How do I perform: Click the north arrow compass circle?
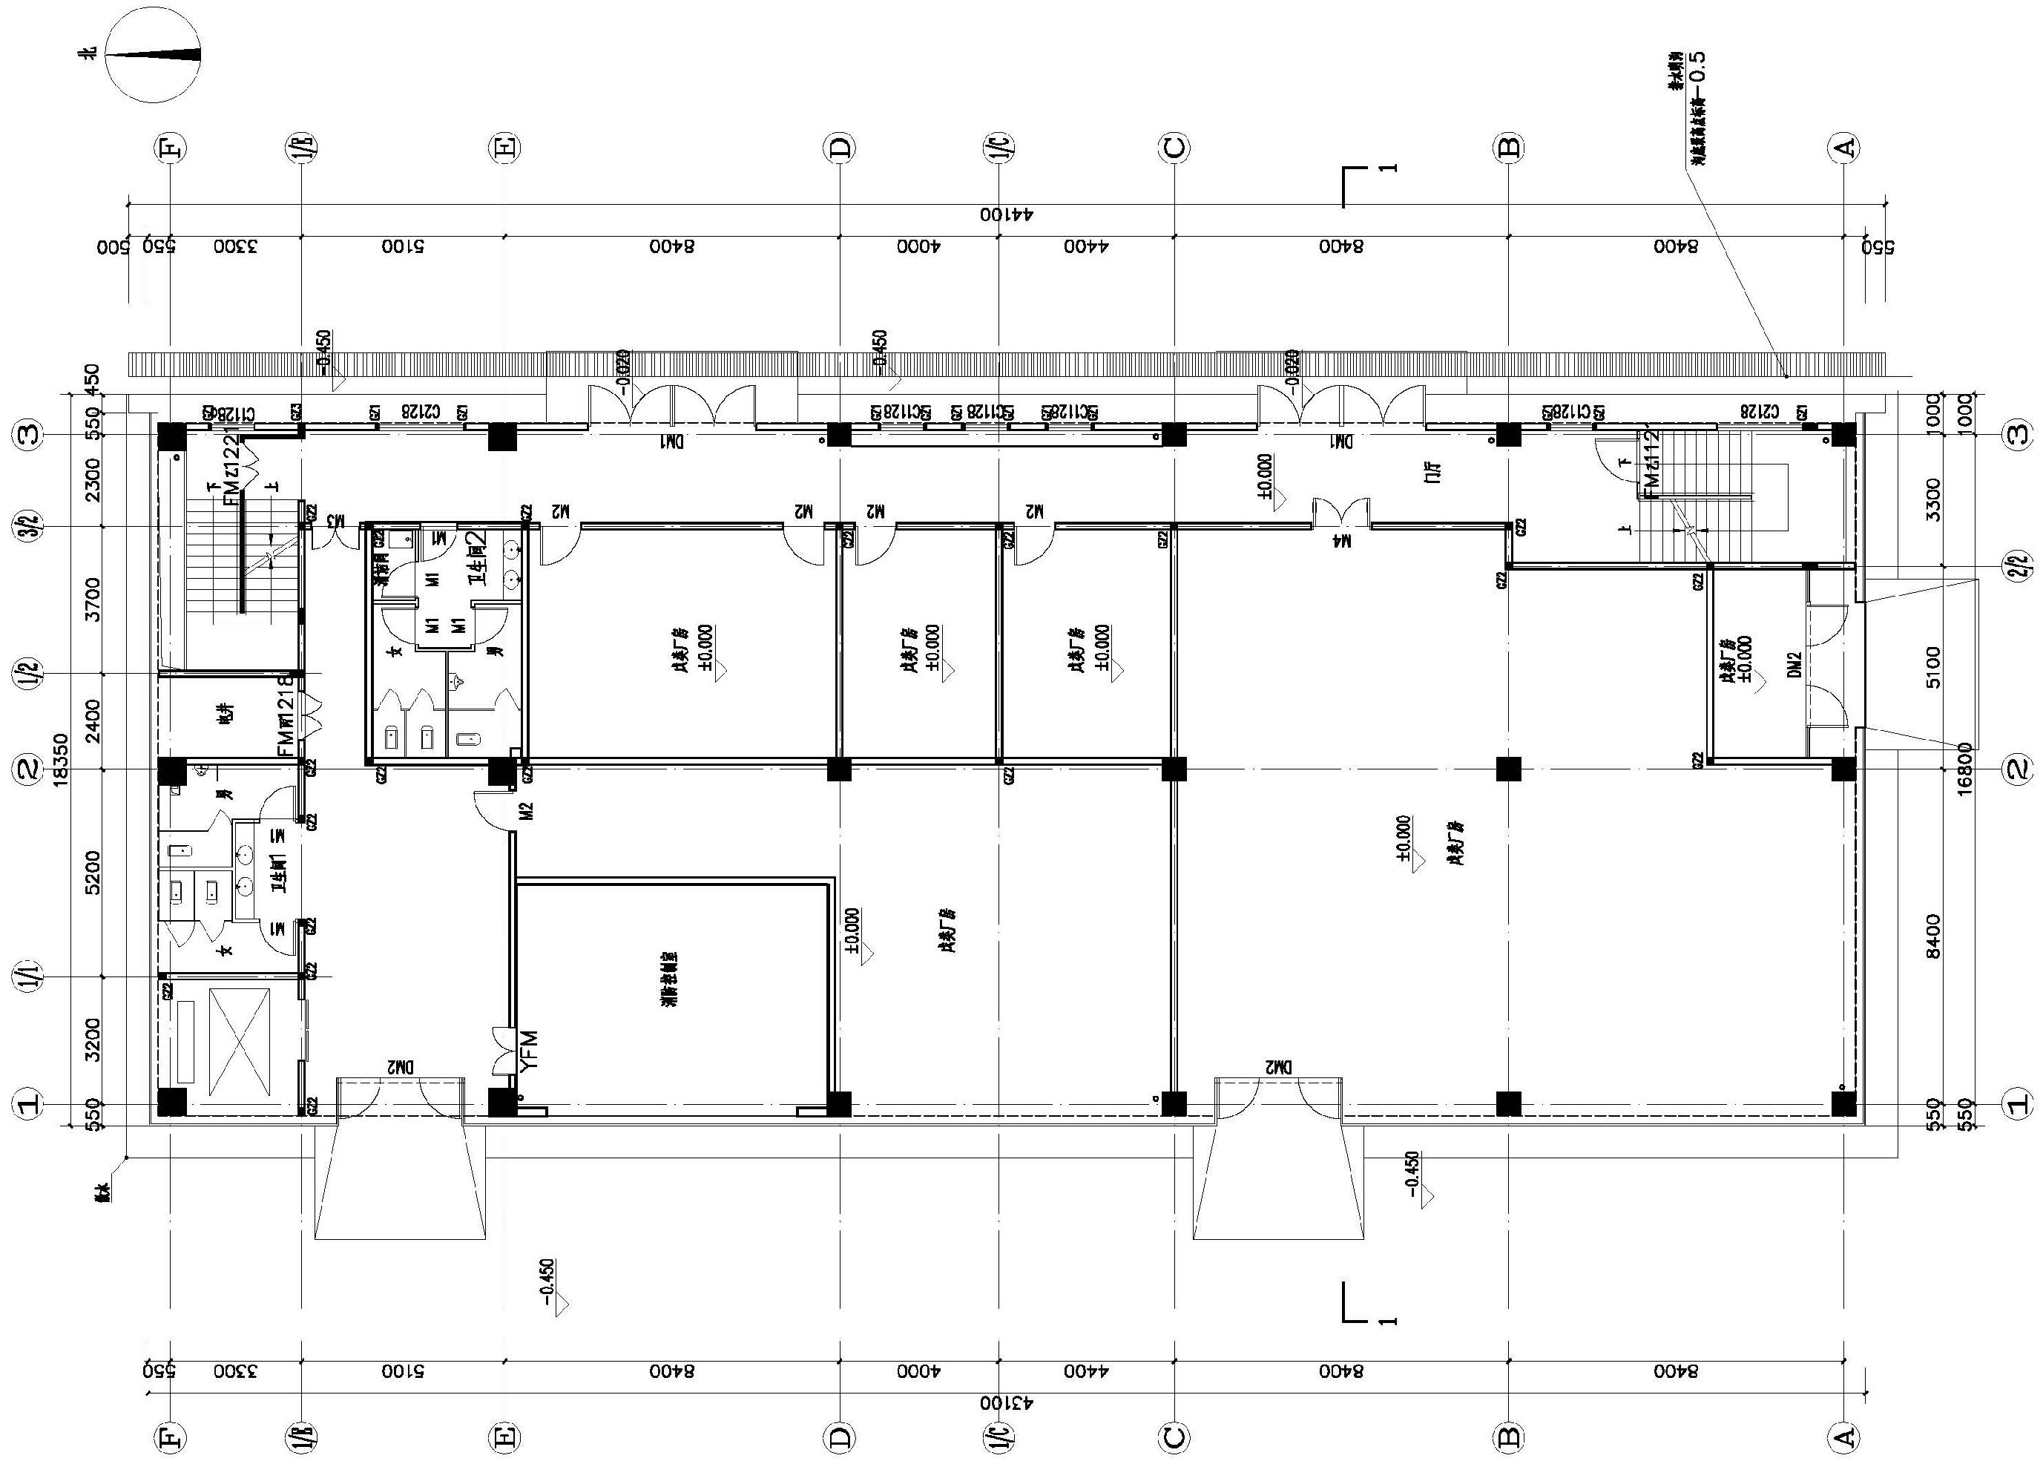[153, 55]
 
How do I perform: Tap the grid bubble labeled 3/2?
[29, 526]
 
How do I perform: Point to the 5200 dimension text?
[92, 872]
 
